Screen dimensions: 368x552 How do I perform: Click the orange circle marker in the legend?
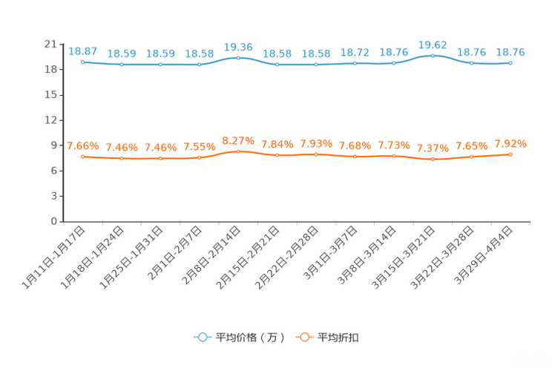[x=304, y=337]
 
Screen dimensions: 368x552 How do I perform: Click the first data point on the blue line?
[x=82, y=62]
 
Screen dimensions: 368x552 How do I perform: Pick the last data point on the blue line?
[x=510, y=63]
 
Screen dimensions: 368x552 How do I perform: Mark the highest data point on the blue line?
[x=433, y=56]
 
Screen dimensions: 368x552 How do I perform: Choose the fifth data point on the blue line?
[x=238, y=58]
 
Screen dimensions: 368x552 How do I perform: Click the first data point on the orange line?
[x=82, y=157]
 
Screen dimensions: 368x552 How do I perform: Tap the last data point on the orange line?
[x=510, y=154]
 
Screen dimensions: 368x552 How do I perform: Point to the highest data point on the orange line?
[x=238, y=151]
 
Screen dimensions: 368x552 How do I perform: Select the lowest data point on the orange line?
[x=433, y=159]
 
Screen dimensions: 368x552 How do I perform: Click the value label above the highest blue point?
[x=433, y=45]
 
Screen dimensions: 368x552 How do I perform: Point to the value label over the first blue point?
[x=82, y=51]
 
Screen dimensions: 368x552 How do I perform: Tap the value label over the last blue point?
[x=510, y=52]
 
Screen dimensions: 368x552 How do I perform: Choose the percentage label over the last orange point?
[x=510, y=143]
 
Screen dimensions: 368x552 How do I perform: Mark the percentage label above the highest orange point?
[x=238, y=140]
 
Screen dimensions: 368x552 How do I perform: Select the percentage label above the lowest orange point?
[x=433, y=148]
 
